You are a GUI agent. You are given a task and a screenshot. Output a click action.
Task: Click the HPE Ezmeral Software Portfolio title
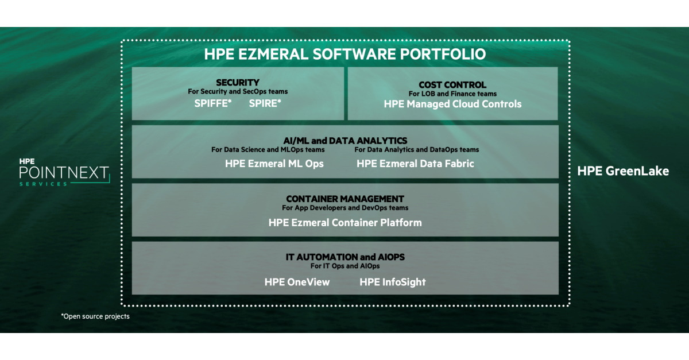pyautogui.click(x=345, y=55)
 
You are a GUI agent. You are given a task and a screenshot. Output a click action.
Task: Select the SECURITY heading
pyautogui.click(x=238, y=83)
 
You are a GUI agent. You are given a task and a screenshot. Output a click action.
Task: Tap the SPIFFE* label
pyautogui.click(x=212, y=104)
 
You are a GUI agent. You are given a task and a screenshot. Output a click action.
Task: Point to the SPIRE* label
pyautogui.click(x=265, y=104)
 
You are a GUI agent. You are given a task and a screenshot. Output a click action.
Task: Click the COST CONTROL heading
pyautogui.click(x=452, y=85)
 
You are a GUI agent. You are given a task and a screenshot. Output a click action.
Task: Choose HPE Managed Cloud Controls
pyautogui.click(x=452, y=104)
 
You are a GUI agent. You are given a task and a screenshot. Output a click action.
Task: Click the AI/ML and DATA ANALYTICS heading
pyautogui.click(x=345, y=141)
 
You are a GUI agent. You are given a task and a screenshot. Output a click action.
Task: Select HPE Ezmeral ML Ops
pyautogui.click(x=274, y=164)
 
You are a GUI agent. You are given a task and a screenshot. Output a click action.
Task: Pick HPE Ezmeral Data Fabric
pyautogui.click(x=415, y=164)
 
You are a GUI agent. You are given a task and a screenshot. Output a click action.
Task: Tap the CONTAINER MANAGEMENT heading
pyautogui.click(x=345, y=199)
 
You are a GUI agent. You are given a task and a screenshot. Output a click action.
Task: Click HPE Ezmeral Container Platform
pyautogui.click(x=345, y=222)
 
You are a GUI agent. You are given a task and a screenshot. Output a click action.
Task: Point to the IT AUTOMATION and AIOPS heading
pyautogui.click(x=345, y=257)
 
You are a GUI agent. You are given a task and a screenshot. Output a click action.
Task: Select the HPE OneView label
pyautogui.click(x=297, y=282)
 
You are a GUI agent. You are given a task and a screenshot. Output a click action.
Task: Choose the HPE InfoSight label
pyautogui.click(x=393, y=282)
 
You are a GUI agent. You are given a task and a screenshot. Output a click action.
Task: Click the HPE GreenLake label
pyautogui.click(x=623, y=171)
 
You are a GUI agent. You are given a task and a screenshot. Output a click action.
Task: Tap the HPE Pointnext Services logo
pyautogui.click(x=63, y=172)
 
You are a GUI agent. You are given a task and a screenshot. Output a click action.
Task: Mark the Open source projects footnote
pyautogui.click(x=95, y=316)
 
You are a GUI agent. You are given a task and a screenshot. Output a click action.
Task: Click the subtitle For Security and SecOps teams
pyautogui.click(x=238, y=91)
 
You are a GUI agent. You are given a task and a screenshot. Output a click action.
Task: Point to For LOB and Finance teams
pyautogui.click(x=452, y=94)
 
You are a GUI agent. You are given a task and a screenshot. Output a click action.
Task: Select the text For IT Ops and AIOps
pyautogui.click(x=345, y=266)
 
